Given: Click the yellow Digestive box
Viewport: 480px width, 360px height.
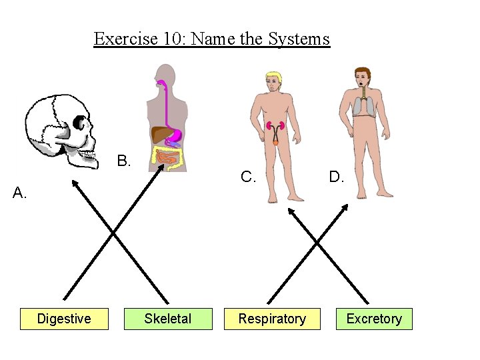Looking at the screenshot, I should coord(64,319).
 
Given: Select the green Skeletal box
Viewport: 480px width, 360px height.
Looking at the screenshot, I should coord(167,319).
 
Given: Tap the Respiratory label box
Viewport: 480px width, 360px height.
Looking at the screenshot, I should coord(272,319).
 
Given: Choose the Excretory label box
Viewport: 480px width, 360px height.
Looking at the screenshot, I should coord(374,319).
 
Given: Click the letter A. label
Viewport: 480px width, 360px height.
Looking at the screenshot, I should coord(20,193).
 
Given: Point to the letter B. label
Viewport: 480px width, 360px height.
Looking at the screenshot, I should coord(124,161).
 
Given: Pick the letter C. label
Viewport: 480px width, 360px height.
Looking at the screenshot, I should coord(248,177).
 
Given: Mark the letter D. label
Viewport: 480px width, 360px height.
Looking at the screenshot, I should coord(337,177).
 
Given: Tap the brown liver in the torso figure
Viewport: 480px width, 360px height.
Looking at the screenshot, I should coord(163,134).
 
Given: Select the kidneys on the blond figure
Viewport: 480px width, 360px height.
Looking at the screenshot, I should coord(275,127).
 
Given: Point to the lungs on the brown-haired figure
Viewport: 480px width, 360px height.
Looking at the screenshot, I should coord(363,105).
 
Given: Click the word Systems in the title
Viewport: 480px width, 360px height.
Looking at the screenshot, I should coord(299,39).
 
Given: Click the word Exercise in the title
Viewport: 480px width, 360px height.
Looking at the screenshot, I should coord(123,39).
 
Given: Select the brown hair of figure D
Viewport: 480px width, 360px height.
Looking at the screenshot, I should coord(363,71).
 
